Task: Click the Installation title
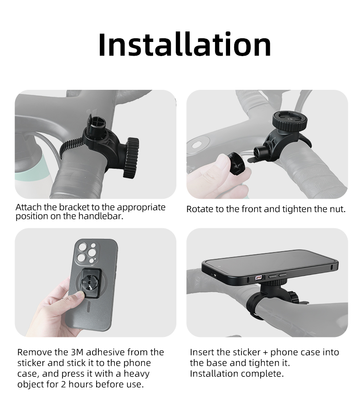click(185, 44)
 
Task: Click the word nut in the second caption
click(338, 209)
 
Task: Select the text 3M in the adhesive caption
click(77, 352)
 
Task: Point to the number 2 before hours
click(63, 384)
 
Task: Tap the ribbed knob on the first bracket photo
click(131, 157)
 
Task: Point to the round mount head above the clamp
click(286, 121)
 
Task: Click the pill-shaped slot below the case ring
click(88, 307)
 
